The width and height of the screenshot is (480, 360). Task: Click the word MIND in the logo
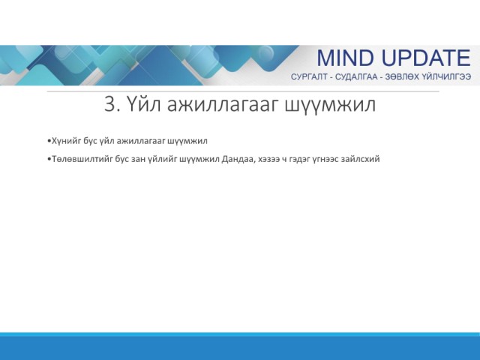(345, 58)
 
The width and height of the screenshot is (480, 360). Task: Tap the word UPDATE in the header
(426, 58)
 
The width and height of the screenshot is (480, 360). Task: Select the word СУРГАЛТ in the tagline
(309, 76)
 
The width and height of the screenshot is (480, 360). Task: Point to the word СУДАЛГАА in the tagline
(356, 76)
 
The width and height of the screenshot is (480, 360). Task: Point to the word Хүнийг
(67, 141)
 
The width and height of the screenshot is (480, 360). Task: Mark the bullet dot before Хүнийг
(49, 141)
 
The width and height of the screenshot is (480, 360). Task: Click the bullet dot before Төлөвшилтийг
(49, 160)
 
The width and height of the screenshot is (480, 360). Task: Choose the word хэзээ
(268, 160)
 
